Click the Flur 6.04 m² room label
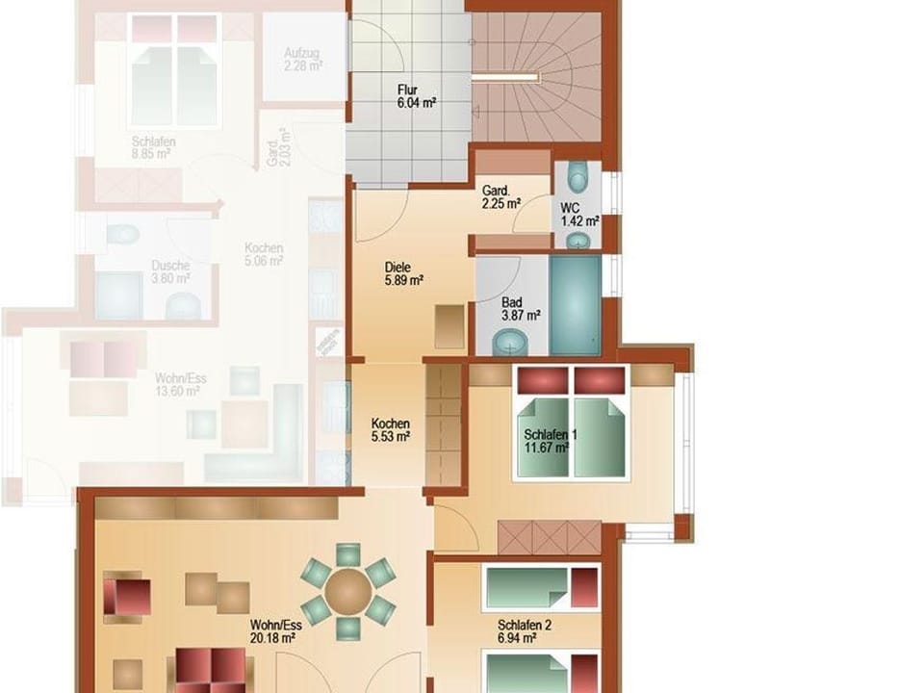pos(416,97)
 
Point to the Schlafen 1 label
pos(550,435)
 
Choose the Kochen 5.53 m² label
pos(391,429)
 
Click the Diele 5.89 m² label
pos(404,274)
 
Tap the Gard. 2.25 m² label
pos(500,196)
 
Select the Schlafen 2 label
pos(525,631)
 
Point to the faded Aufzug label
pos(304,59)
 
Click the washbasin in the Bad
pos(510,341)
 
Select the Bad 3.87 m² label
pos(521,308)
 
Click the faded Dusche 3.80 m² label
pos(170,271)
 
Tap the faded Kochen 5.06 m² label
pos(263,253)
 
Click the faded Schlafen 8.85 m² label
pos(154,146)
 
